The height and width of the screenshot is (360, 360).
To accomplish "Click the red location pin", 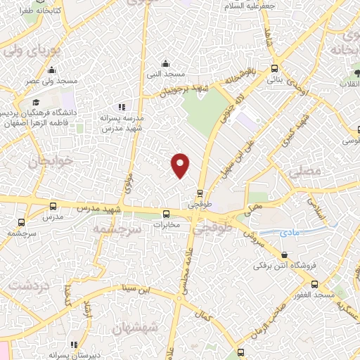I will coord(181,164).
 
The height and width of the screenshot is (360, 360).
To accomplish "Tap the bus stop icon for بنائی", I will coord(274,69).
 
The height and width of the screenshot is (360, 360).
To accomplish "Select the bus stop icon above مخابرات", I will coord(167,214).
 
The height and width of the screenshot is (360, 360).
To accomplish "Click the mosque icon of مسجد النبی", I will coord(165,64).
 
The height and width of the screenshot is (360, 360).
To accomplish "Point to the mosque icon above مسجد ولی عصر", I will coord(51,70).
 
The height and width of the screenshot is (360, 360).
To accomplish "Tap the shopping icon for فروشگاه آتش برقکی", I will coord(284,256).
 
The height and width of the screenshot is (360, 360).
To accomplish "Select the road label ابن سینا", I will coord(135,288).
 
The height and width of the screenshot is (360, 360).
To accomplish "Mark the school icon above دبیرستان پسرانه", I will coord(74,345).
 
